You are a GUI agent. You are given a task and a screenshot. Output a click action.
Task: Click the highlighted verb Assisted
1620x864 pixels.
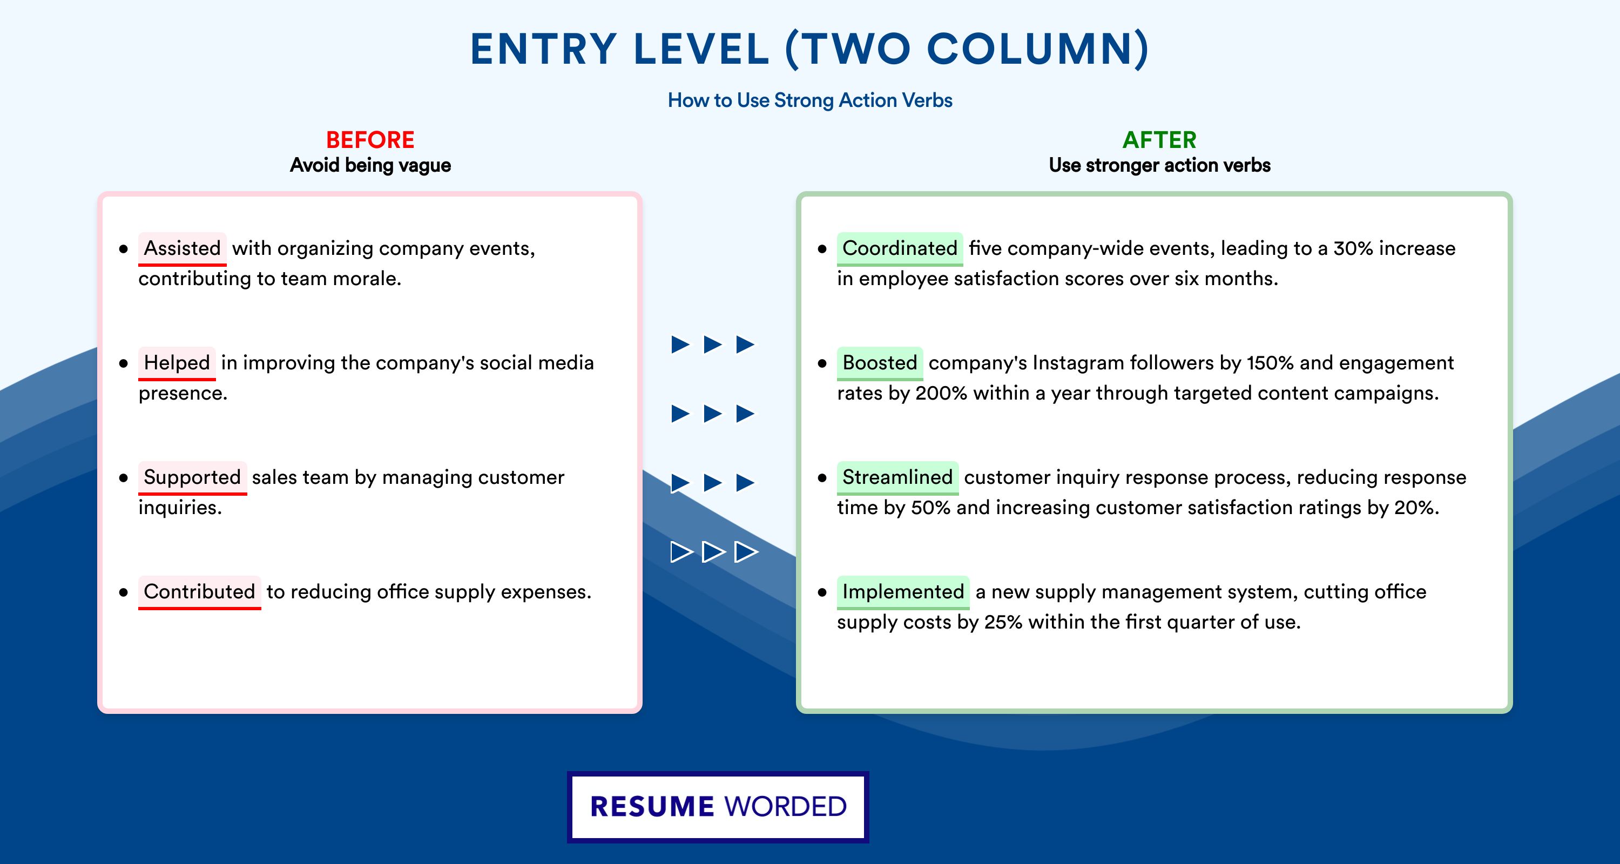(x=183, y=248)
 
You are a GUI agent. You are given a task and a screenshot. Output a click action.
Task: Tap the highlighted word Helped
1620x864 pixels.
(x=177, y=363)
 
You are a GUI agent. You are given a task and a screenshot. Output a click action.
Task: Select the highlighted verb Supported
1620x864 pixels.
(x=192, y=477)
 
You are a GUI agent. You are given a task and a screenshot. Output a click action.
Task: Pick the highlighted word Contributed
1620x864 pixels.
(x=199, y=592)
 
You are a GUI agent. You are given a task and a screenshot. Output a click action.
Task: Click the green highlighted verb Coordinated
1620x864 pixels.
(x=899, y=248)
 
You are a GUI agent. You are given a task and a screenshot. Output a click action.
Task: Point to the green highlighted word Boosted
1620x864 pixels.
(x=880, y=363)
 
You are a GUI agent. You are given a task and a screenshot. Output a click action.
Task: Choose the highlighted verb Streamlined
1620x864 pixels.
(x=897, y=477)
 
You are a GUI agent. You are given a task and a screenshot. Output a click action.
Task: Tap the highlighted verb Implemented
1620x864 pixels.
(x=903, y=592)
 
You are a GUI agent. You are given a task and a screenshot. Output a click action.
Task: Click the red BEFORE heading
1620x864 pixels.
(x=370, y=140)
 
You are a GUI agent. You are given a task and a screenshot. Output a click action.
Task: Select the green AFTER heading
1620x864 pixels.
(x=1160, y=140)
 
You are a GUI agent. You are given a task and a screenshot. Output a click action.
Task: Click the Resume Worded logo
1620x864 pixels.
(x=718, y=807)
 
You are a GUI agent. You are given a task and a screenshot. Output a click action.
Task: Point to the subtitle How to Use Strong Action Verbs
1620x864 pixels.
(x=810, y=100)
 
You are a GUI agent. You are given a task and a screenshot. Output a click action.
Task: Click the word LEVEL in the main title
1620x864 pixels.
(x=702, y=49)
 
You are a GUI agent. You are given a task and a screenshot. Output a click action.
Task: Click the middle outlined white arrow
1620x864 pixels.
(x=713, y=552)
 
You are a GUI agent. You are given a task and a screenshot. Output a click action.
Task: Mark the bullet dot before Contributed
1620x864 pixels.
(x=123, y=592)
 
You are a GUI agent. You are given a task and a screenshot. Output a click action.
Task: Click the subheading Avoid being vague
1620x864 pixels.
(x=370, y=165)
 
